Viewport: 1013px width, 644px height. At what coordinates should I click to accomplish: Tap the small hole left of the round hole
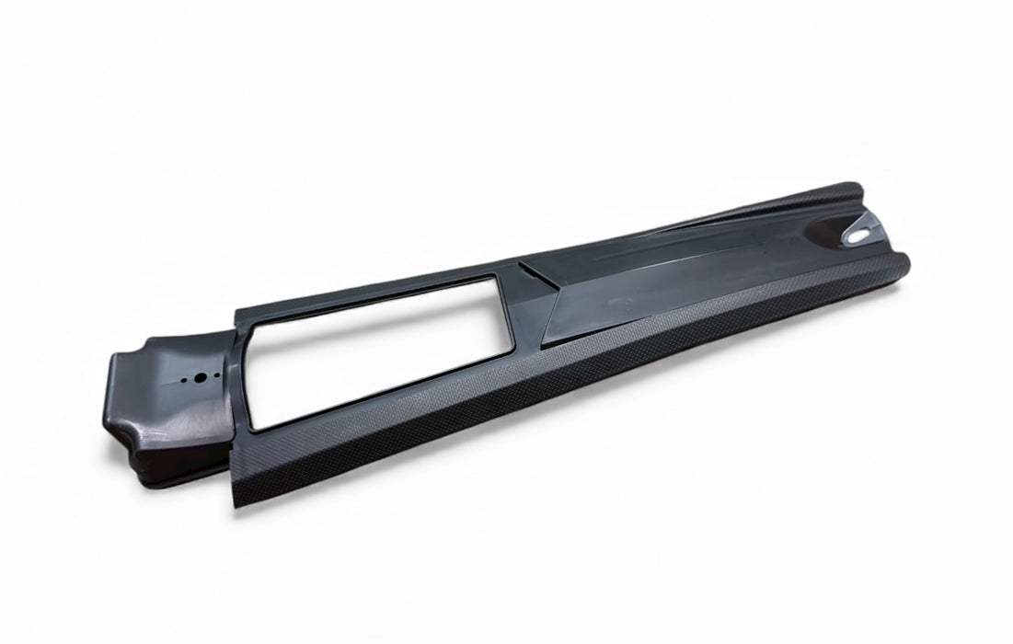click(x=186, y=379)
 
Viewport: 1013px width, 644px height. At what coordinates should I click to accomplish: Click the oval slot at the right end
click(x=857, y=236)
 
